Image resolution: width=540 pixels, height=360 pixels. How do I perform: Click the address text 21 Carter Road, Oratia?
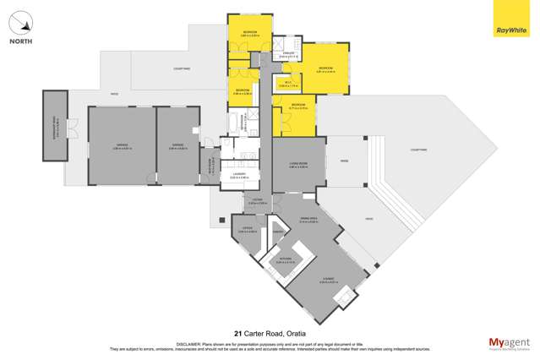pos(270,333)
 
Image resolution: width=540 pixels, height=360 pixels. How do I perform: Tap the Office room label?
pos(247,230)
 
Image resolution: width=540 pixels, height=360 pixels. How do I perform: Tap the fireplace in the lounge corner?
pos(344,296)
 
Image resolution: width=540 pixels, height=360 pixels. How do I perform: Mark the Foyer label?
pos(256,201)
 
